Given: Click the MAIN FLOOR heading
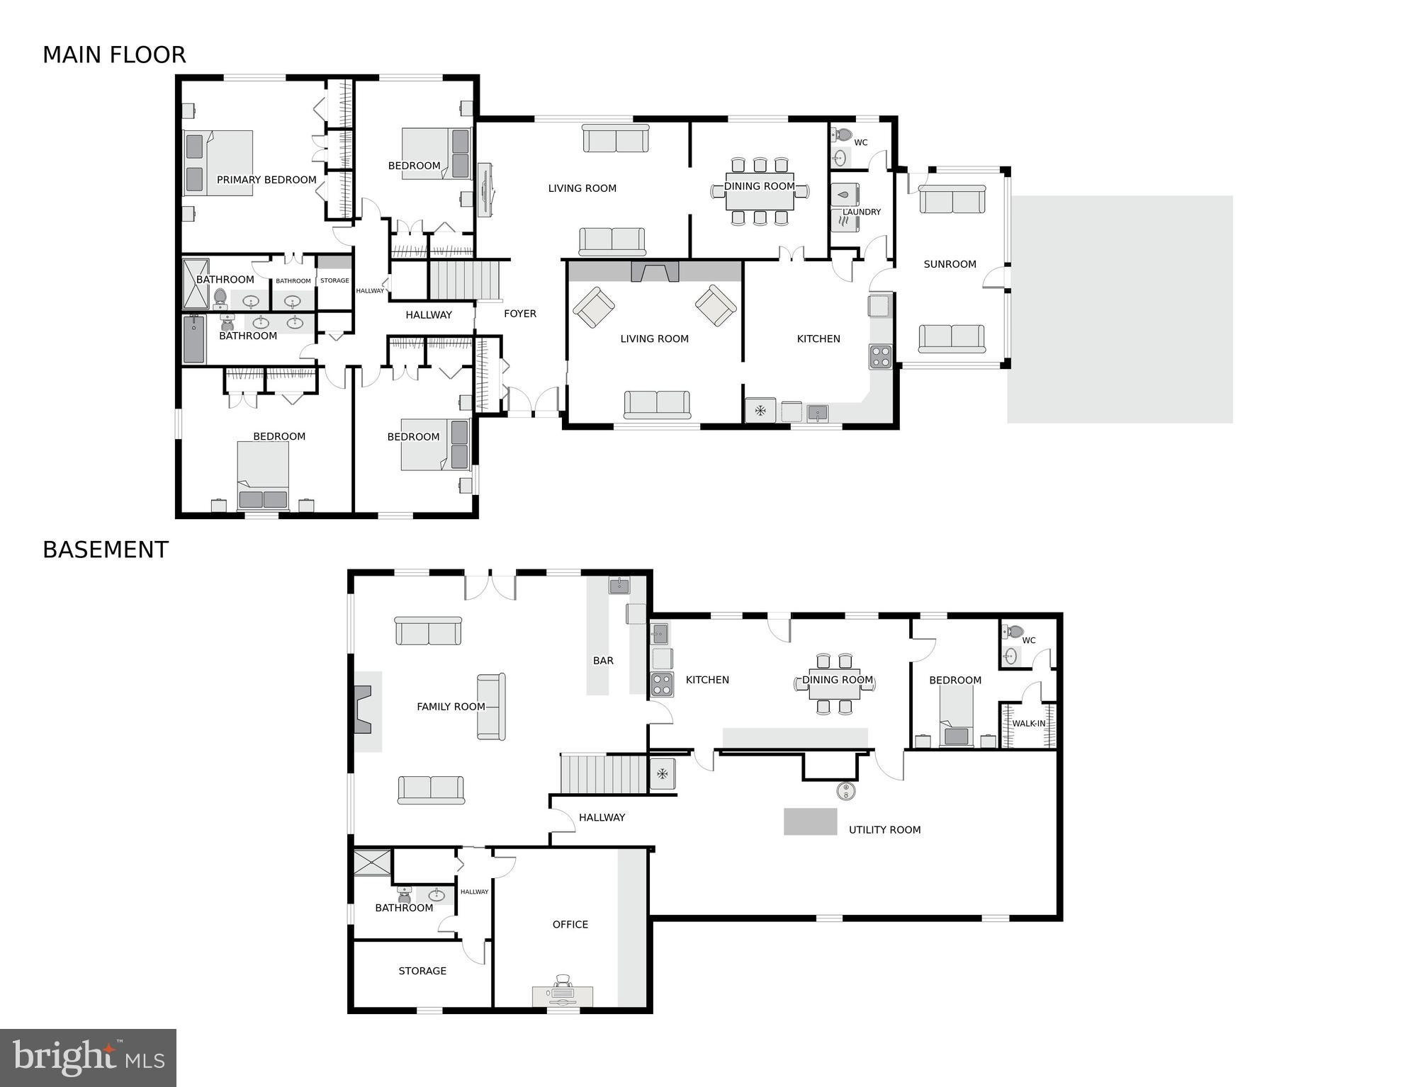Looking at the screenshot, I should (114, 55).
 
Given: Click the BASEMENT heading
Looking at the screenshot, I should (106, 550).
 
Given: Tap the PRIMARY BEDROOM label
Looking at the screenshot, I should (266, 180).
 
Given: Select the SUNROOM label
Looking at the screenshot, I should (950, 264).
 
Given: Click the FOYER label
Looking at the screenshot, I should (520, 314).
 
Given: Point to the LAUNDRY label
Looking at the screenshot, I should (862, 212).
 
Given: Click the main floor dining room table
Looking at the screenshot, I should (760, 191).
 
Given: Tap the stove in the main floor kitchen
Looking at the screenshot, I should (881, 356).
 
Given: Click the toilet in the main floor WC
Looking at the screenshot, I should (843, 135).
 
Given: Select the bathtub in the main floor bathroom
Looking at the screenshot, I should (194, 339).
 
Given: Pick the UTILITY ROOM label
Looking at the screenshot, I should (884, 830).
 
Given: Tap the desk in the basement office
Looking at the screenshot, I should (563, 995).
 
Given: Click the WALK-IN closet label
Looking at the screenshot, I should (1028, 724).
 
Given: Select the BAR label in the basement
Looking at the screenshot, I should (603, 661).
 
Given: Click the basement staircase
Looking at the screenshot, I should (604, 774).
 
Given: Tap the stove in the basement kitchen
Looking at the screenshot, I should (663, 685).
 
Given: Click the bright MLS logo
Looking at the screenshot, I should (88, 1057).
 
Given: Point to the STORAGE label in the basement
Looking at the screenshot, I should (422, 971).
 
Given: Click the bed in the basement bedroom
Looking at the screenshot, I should (956, 717).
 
